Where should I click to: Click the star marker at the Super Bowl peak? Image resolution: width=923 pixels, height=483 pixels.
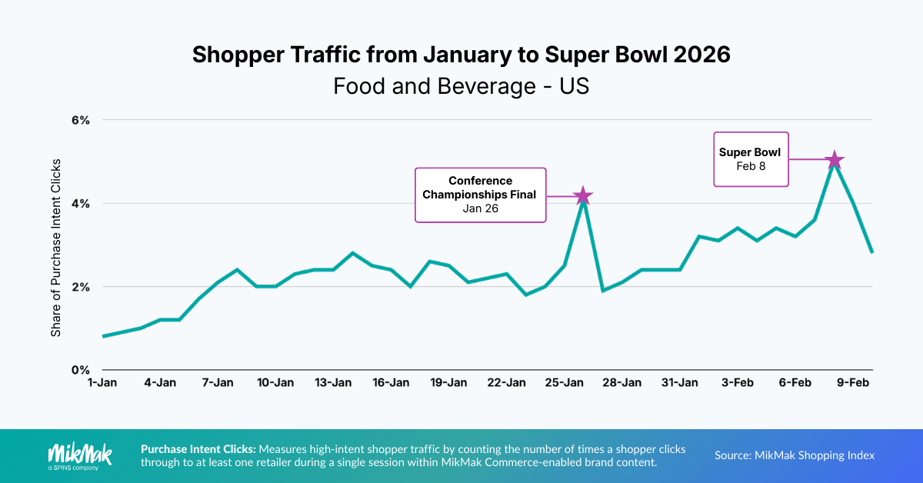click(x=835, y=160)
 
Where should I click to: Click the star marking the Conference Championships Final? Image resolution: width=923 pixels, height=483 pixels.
click(x=583, y=195)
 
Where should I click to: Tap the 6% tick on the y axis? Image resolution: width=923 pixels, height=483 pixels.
click(x=81, y=120)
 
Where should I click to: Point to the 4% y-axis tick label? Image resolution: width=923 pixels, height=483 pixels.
click(x=81, y=203)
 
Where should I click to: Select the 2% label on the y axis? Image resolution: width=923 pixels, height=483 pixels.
click(x=81, y=286)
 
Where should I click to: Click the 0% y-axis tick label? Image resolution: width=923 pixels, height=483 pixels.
click(x=81, y=369)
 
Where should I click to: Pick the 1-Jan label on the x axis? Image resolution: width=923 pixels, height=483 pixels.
click(x=102, y=382)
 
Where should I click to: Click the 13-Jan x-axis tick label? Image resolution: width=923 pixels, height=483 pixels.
click(x=333, y=382)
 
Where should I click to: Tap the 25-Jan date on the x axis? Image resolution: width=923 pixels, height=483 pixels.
click(x=564, y=382)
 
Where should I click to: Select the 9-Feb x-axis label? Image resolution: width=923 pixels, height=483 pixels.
click(x=853, y=382)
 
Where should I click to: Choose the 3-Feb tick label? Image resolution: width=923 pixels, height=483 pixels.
click(x=738, y=382)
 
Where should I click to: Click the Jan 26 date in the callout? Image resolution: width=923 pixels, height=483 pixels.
click(x=481, y=208)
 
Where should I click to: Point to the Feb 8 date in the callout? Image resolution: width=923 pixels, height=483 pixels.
click(x=750, y=166)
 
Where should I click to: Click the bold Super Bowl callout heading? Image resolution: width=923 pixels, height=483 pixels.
click(x=750, y=152)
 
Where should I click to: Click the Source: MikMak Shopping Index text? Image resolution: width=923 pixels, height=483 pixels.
click(x=795, y=455)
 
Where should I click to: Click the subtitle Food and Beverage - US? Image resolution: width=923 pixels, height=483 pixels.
click(x=461, y=86)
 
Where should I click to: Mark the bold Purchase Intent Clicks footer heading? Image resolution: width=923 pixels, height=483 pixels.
click(x=198, y=448)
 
